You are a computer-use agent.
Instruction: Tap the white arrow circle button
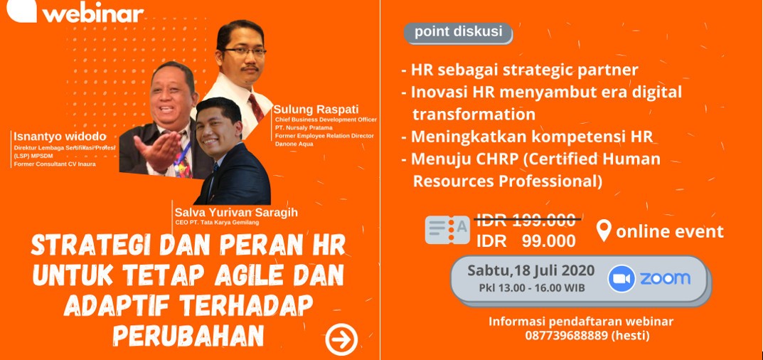point(341,339)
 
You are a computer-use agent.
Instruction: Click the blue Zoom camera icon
point(621,279)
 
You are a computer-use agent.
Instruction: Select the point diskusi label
point(458,32)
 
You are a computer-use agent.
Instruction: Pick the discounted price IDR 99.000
point(526,240)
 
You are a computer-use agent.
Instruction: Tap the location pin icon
point(604,231)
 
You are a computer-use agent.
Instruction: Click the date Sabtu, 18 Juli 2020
point(531,270)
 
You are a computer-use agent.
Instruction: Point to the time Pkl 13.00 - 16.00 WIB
point(532,288)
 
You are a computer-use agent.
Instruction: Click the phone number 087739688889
point(566,336)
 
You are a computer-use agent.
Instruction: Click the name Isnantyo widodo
point(60,137)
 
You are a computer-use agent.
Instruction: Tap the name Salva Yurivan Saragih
point(236,213)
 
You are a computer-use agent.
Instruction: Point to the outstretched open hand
point(157,149)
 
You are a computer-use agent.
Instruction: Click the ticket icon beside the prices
point(447,230)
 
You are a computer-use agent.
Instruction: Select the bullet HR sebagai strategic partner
point(520,70)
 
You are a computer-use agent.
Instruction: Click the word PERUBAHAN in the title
point(188,335)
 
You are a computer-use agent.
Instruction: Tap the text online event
point(670,231)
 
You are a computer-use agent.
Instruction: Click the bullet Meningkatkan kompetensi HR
point(527,137)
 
